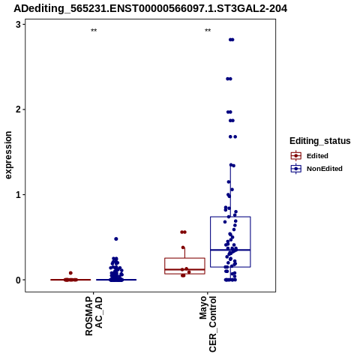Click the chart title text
click(x=151, y=8)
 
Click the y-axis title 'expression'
click(x=8, y=155)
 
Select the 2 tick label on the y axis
click(x=18, y=109)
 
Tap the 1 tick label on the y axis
click(x=18, y=195)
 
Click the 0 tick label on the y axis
click(x=18, y=280)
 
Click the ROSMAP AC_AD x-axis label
click(x=94, y=316)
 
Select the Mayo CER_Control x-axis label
click(x=208, y=324)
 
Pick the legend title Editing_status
click(x=320, y=141)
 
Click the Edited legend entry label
click(x=317, y=156)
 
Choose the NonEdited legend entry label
click(x=325, y=169)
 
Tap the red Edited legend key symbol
click(x=296, y=156)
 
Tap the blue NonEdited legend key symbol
click(x=296, y=169)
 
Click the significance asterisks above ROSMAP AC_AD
click(x=94, y=31)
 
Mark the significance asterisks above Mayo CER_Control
click(x=208, y=31)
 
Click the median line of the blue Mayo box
click(x=230, y=250)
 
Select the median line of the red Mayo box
click(x=184, y=269)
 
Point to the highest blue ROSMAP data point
click(x=116, y=239)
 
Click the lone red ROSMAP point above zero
click(x=70, y=273)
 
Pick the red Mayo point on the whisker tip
click(x=183, y=247)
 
